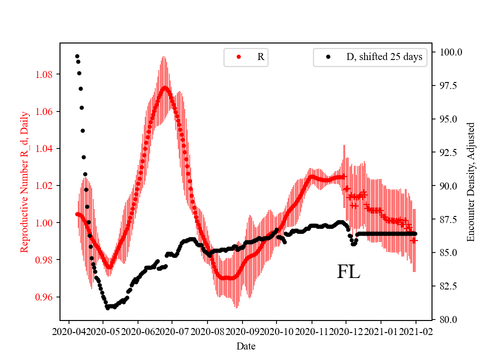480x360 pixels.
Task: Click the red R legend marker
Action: [x=238, y=57]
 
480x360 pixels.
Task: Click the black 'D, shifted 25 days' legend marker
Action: [x=328, y=57]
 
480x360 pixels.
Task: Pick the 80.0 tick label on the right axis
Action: [x=449, y=319]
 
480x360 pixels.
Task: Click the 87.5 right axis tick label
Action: [x=449, y=219]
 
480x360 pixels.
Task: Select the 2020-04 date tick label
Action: [x=68, y=331]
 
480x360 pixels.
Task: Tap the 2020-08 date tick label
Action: [x=207, y=331]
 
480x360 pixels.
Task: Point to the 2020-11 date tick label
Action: [x=311, y=331]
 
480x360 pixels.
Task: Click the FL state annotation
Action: [x=348, y=271]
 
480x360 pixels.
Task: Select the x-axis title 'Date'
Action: [x=245, y=345]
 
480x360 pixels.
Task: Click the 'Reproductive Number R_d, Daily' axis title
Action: [x=24, y=181]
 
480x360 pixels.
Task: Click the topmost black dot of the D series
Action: [x=77, y=56]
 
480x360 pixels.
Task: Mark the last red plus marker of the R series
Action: [x=414, y=240]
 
